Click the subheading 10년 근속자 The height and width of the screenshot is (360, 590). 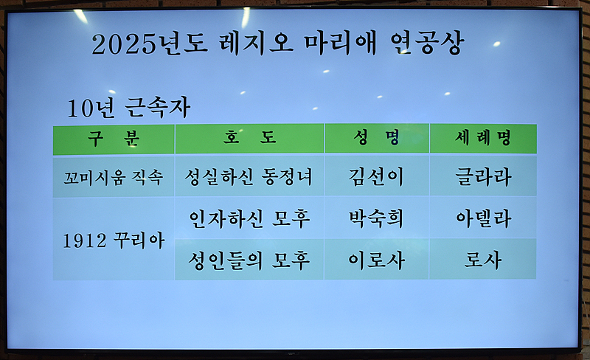tap(128, 108)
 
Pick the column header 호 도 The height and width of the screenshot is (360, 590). tap(249, 138)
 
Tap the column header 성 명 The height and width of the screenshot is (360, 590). tap(377, 138)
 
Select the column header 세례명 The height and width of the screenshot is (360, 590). tap(483, 138)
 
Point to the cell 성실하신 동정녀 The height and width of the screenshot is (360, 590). tap(249, 176)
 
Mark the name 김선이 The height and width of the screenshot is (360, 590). tap(377, 176)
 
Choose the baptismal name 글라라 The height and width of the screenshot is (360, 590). tap(483, 176)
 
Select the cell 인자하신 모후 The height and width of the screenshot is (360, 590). tap(249, 218)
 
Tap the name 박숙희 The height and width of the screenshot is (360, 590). tap(377, 218)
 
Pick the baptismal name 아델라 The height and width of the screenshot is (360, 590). tap(483, 218)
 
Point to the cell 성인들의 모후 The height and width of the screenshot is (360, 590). tap(249, 260)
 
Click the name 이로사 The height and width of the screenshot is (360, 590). tap(377, 260)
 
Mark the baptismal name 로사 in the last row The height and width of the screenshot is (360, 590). tap(483, 260)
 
